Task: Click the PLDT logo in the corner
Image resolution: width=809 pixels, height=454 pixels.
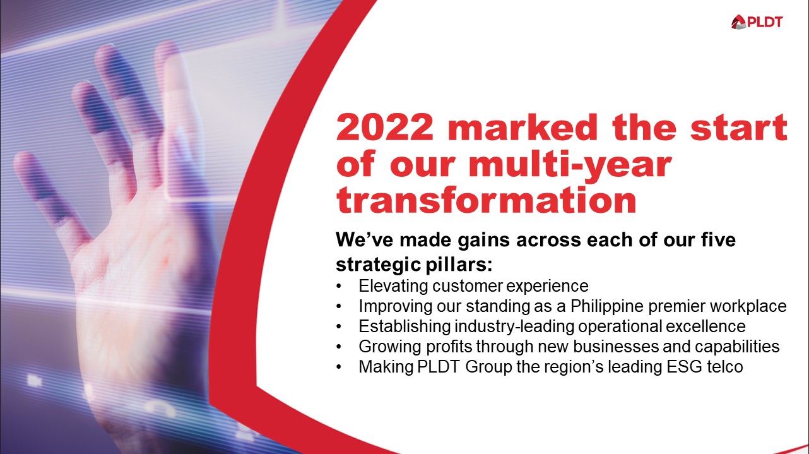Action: [x=757, y=22]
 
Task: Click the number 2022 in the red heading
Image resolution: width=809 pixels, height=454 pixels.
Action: [x=385, y=128]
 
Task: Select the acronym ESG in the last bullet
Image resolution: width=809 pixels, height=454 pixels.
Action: [x=682, y=367]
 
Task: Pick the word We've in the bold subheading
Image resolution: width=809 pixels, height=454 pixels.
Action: [x=363, y=241]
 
